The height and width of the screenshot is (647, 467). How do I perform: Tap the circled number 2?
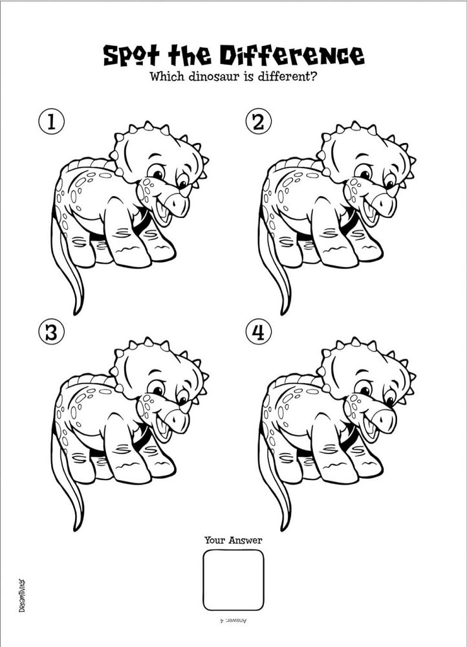[258, 122]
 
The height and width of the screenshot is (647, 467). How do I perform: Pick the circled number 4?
[258, 333]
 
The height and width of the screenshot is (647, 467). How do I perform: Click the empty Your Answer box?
[233, 580]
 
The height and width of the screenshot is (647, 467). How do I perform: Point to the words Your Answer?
[233, 540]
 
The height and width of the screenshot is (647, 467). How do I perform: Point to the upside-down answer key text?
[234, 620]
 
